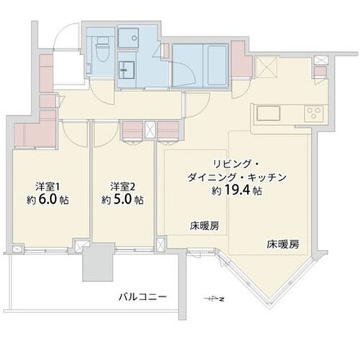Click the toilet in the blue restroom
click(x=102, y=50)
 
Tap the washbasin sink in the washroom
click(x=127, y=69)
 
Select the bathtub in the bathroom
click(x=215, y=65)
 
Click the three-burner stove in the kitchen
click(x=314, y=113)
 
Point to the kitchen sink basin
click(x=269, y=113)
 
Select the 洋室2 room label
click(x=122, y=187)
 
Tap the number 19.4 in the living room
click(x=238, y=191)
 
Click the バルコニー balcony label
click(x=143, y=297)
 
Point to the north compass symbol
click(x=215, y=299)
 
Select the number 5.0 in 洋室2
click(x=122, y=199)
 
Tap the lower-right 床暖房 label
click(x=283, y=244)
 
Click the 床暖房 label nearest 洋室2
click(x=204, y=226)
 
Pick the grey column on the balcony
click(x=98, y=262)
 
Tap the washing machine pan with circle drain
click(x=129, y=38)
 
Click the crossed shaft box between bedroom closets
click(x=150, y=130)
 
